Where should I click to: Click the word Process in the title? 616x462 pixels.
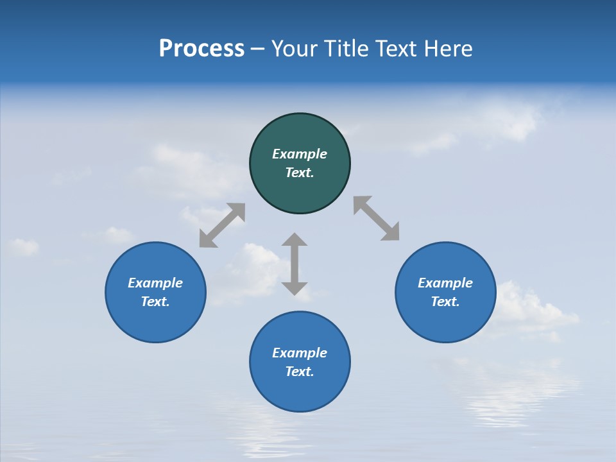201,49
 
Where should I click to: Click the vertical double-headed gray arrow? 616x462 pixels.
295,264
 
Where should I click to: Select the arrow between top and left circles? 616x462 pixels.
222,225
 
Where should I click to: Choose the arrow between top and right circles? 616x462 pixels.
377,218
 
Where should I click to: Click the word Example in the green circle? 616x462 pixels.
300,154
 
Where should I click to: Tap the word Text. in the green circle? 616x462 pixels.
300,173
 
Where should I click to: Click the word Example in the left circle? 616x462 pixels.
155,283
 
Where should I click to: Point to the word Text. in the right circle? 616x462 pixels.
445,302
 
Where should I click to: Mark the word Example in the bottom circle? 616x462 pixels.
300,353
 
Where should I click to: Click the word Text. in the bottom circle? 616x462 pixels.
300,372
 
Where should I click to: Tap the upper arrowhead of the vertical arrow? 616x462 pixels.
295,239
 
